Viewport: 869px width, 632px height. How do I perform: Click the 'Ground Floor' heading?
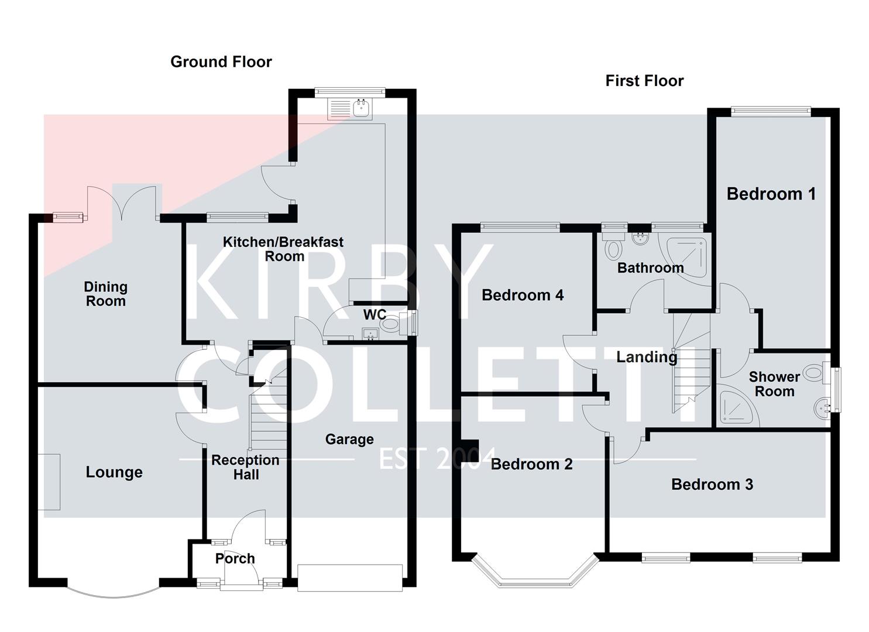point(221,62)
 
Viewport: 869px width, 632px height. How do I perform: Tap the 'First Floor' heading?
point(644,81)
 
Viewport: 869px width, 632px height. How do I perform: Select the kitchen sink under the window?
point(362,108)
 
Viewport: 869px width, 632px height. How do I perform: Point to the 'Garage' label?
point(349,439)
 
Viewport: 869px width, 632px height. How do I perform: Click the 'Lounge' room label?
point(114,472)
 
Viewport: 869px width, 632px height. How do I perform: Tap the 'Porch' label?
point(235,558)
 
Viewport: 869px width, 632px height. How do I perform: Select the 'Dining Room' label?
point(105,294)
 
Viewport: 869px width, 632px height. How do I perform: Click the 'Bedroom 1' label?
point(771,194)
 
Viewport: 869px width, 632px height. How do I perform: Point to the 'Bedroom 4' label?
point(523,295)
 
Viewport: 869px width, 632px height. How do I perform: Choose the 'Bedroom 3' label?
point(712,485)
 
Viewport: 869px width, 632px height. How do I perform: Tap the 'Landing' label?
point(647,357)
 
